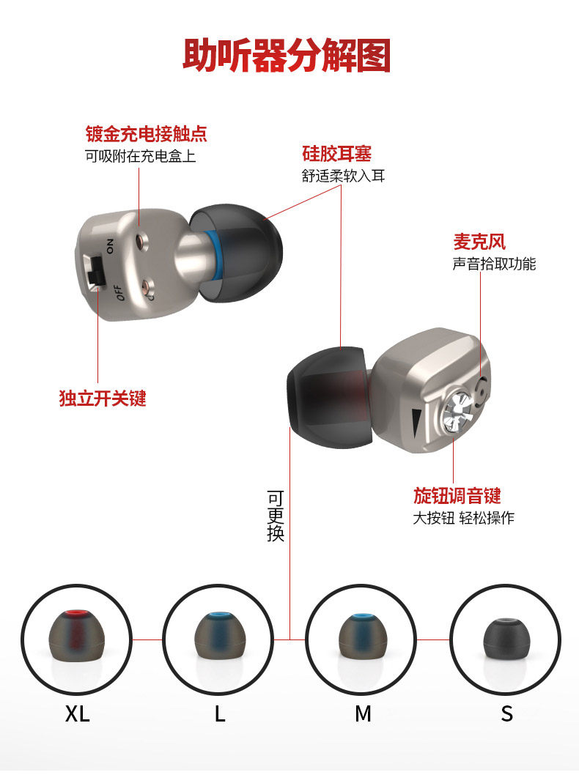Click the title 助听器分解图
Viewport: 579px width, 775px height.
tap(287, 56)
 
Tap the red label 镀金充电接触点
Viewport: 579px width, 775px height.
tap(147, 134)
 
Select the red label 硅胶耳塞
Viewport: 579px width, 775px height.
tap(336, 154)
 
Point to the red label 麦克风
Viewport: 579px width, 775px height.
tap(479, 242)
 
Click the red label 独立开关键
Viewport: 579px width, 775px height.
tap(103, 398)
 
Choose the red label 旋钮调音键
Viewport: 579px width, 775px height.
tap(457, 495)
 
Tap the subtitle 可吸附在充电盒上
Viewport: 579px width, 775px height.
tap(141, 156)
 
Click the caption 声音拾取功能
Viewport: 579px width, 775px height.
tap(494, 264)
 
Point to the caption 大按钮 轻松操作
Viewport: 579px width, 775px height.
tap(464, 517)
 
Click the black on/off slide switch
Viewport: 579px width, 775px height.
tap(96, 272)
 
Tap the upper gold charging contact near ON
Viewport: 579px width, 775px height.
tap(143, 242)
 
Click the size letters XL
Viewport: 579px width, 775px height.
tap(78, 713)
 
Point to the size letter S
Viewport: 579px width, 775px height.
tap(507, 713)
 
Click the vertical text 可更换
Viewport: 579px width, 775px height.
tap(276, 516)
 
